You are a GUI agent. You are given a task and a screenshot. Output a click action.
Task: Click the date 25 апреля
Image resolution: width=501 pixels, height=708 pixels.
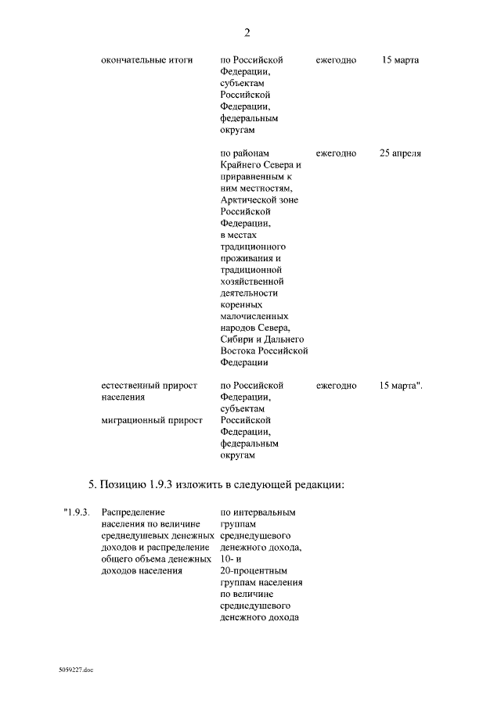400,153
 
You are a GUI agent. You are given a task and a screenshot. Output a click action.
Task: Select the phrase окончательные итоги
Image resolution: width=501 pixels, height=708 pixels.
146,59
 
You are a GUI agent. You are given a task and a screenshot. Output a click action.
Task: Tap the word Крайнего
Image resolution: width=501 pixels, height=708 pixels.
240,165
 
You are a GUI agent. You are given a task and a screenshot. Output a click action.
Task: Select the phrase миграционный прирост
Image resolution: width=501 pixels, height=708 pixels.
152,420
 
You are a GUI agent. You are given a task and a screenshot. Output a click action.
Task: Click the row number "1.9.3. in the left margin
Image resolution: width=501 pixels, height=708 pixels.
78,512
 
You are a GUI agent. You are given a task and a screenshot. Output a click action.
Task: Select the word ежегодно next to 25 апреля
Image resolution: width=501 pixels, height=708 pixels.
337,153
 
